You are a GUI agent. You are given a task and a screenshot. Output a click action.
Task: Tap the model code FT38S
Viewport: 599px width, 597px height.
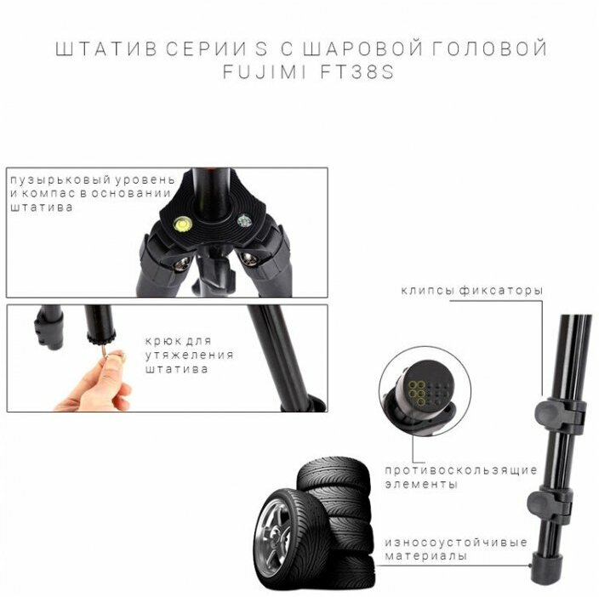coord(357,72)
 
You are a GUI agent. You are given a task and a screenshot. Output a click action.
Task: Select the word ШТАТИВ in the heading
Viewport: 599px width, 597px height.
coord(106,49)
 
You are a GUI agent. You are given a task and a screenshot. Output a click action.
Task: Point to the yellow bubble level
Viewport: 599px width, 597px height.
coord(183,224)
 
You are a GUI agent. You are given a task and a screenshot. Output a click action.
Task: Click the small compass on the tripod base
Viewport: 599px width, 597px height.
coord(244,221)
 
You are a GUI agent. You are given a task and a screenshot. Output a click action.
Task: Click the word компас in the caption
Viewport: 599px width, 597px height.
coord(48,194)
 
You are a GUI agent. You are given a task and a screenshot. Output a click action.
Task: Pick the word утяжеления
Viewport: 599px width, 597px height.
coord(189,355)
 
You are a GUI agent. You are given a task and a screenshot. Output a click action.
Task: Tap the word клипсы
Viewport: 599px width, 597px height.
coord(427,291)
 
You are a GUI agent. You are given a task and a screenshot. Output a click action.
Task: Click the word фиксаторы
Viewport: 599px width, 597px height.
coord(501,291)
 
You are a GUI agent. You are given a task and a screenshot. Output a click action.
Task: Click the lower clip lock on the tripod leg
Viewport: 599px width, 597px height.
coord(551,503)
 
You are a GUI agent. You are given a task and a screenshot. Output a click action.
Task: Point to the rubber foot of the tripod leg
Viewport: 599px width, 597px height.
coord(547,568)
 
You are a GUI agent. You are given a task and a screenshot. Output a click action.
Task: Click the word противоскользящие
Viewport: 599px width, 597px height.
coord(461,470)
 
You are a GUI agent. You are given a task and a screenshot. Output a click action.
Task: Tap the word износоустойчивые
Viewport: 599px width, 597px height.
coord(456,543)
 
